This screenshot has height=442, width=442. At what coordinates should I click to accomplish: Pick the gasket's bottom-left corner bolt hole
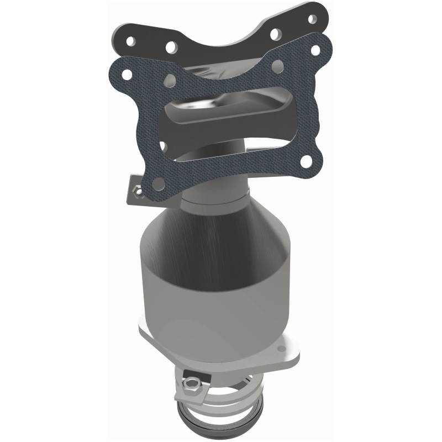click(158, 182)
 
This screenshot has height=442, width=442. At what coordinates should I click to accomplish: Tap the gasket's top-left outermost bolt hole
click(127, 73)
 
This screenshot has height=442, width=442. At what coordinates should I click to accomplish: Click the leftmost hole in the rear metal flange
click(130, 41)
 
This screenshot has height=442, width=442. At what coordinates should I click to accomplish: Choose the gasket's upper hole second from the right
click(278, 65)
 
